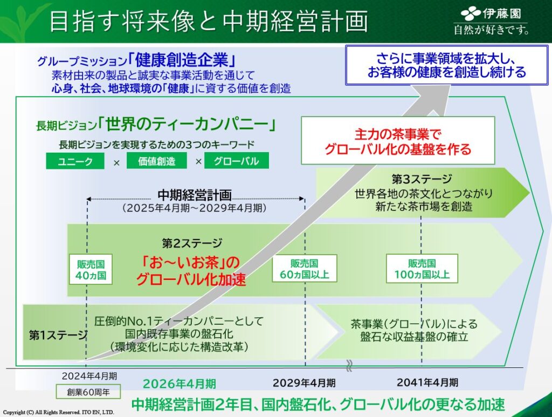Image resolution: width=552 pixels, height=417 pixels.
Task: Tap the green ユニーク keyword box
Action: (76, 161)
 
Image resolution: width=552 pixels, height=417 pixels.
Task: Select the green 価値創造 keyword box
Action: (157, 161)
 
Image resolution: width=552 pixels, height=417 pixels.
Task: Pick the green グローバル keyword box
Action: (236, 161)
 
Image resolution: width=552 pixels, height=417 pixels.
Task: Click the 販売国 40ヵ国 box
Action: (90, 269)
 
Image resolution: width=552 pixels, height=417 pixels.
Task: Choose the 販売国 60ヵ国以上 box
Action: (304, 269)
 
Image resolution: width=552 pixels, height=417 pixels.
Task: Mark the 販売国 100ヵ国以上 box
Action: (422, 269)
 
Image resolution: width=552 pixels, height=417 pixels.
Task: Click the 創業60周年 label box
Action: (88, 392)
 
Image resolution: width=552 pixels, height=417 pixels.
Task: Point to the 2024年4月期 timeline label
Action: (89, 376)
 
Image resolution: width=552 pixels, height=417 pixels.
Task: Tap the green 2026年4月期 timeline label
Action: (180, 384)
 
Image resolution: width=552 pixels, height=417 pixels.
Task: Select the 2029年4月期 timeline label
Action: (304, 383)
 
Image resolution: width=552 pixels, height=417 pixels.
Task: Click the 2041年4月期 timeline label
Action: (427, 382)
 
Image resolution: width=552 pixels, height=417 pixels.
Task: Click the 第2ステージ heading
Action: (192, 243)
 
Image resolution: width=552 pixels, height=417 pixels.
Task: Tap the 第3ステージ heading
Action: (422, 179)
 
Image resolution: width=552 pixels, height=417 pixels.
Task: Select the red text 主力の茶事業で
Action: (397, 133)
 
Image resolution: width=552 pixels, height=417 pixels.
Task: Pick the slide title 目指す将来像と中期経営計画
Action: (209, 22)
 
